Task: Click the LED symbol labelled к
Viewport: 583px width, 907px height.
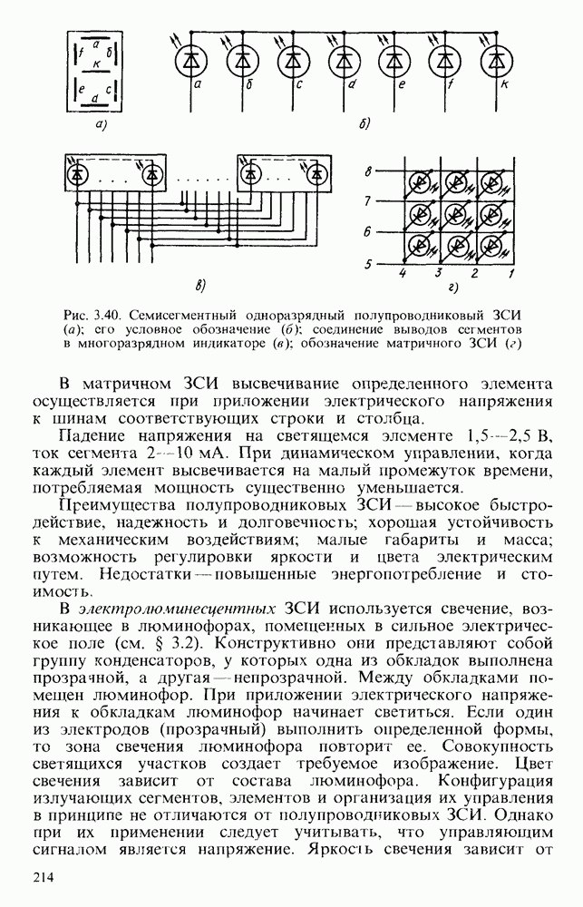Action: coord(495,61)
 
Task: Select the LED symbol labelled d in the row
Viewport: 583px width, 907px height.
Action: coord(343,61)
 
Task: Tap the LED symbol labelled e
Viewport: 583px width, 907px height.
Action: coord(394,61)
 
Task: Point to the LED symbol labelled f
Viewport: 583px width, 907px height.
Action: coord(444,61)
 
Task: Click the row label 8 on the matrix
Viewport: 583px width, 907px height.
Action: coord(368,171)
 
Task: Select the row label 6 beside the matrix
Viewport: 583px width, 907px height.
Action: coord(368,232)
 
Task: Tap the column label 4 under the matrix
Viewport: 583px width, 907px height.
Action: coord(403,272)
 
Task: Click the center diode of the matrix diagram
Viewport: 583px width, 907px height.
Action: coord(457,214)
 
